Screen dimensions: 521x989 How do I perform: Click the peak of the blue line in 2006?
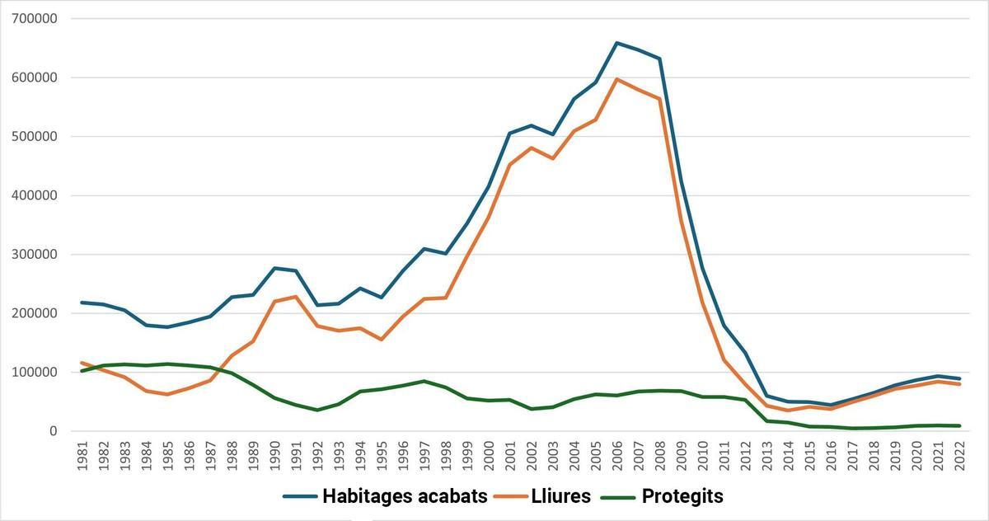pyautogui.click(x=616, y=43)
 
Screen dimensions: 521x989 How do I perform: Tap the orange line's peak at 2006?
pyautogui.click(x=616, y=79)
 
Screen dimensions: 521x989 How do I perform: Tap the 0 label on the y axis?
pyautogui.click(x=54, y=431)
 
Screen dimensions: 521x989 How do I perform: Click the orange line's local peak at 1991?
pyautogui.click(x=296, y=297)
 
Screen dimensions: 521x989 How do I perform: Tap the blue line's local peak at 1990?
pyautogui.click(x=274, y=268)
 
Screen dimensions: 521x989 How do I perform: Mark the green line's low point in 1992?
pyautogui.click(x=317, y=410)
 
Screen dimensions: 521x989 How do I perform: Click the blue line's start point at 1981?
pyautogui.click(x=82, y=303)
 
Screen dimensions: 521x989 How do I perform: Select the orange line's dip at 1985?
pyautogui.click(x=168, y=394)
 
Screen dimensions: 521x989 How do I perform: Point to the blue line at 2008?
pyautogui.click(x=659, y=59)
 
